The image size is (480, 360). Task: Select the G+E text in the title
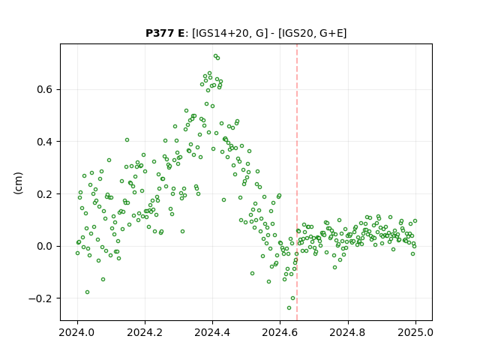[331, 33]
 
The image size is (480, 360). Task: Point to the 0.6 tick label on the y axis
[45, 89]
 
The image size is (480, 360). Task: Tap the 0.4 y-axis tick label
[45, 142]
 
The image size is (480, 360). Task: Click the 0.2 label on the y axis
[45, 193]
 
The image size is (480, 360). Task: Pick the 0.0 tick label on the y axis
[45, 246]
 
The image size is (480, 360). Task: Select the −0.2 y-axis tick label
[40, 298]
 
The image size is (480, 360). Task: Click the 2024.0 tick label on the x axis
[77, 332]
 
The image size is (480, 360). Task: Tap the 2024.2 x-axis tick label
[145, 332]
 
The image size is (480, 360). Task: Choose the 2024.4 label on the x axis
[212, 332]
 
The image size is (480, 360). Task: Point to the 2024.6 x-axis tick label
[280, 332]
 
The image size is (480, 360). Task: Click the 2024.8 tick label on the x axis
[348, 332]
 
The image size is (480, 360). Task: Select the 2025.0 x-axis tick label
[415, 332]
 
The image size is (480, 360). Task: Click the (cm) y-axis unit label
[18, 183]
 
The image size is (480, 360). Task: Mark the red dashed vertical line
[297, 182]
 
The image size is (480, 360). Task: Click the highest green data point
[215, 56]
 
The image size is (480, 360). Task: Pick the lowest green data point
[289, 307]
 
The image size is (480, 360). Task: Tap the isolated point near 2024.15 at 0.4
[127, 140]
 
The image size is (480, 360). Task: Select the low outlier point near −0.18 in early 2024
[87, 292]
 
